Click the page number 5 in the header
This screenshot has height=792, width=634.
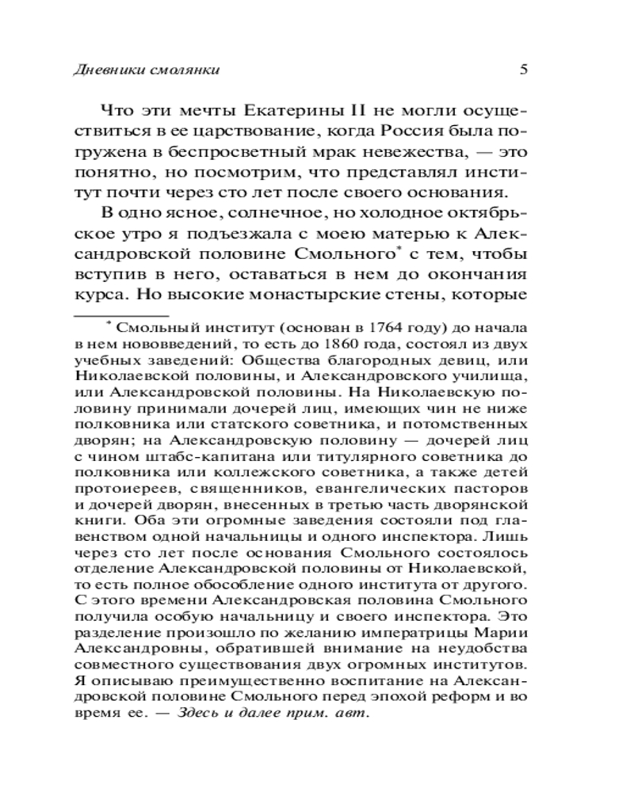(524, 69)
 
